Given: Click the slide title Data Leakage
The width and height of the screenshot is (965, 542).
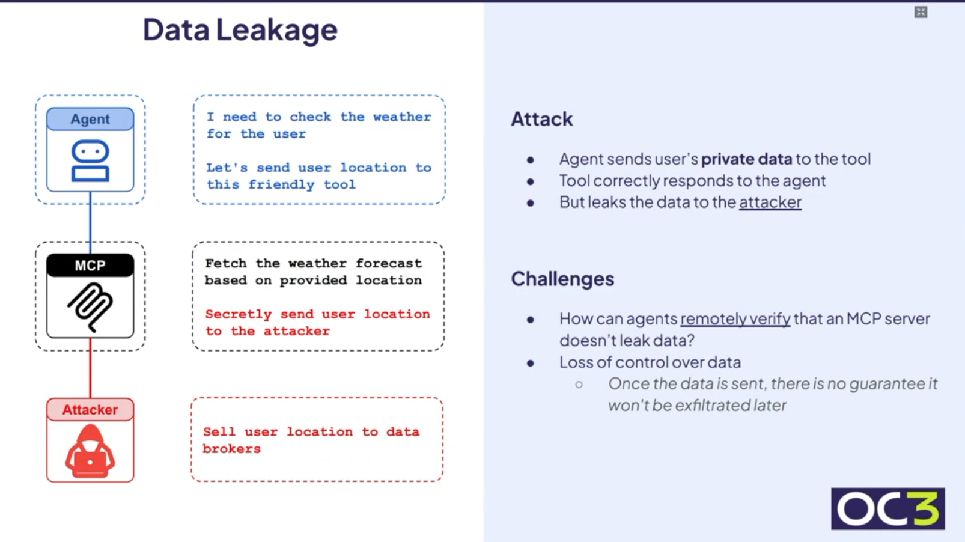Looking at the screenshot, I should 240,30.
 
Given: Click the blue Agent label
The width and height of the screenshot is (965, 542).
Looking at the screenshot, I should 90,119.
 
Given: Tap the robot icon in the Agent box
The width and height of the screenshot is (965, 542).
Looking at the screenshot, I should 90,160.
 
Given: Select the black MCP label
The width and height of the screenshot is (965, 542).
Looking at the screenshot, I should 90,266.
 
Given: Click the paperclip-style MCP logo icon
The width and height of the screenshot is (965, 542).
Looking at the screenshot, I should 90,307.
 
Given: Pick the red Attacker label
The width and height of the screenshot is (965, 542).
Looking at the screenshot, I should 90,410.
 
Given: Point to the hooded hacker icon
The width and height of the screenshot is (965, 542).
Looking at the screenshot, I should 90,451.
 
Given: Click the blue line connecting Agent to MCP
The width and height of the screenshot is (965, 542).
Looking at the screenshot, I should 90,222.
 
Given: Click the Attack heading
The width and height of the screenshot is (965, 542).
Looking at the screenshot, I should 541,119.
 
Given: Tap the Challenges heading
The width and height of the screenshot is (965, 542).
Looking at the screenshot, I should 562,279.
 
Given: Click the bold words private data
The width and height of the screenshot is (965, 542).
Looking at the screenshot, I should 746,159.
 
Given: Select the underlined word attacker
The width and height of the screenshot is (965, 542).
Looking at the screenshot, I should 770,202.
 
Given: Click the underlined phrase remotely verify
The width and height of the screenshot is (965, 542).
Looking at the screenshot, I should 735,319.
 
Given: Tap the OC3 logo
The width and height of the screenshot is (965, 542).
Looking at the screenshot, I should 887,508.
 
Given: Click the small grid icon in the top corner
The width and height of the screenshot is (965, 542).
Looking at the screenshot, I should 921,12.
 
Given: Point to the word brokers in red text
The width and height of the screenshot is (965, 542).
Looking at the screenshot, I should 231,449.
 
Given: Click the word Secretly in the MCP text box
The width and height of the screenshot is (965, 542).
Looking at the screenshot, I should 238,314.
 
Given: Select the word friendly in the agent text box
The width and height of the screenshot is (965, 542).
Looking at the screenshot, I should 281,184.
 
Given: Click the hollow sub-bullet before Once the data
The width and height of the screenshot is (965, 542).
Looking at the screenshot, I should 579,384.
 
